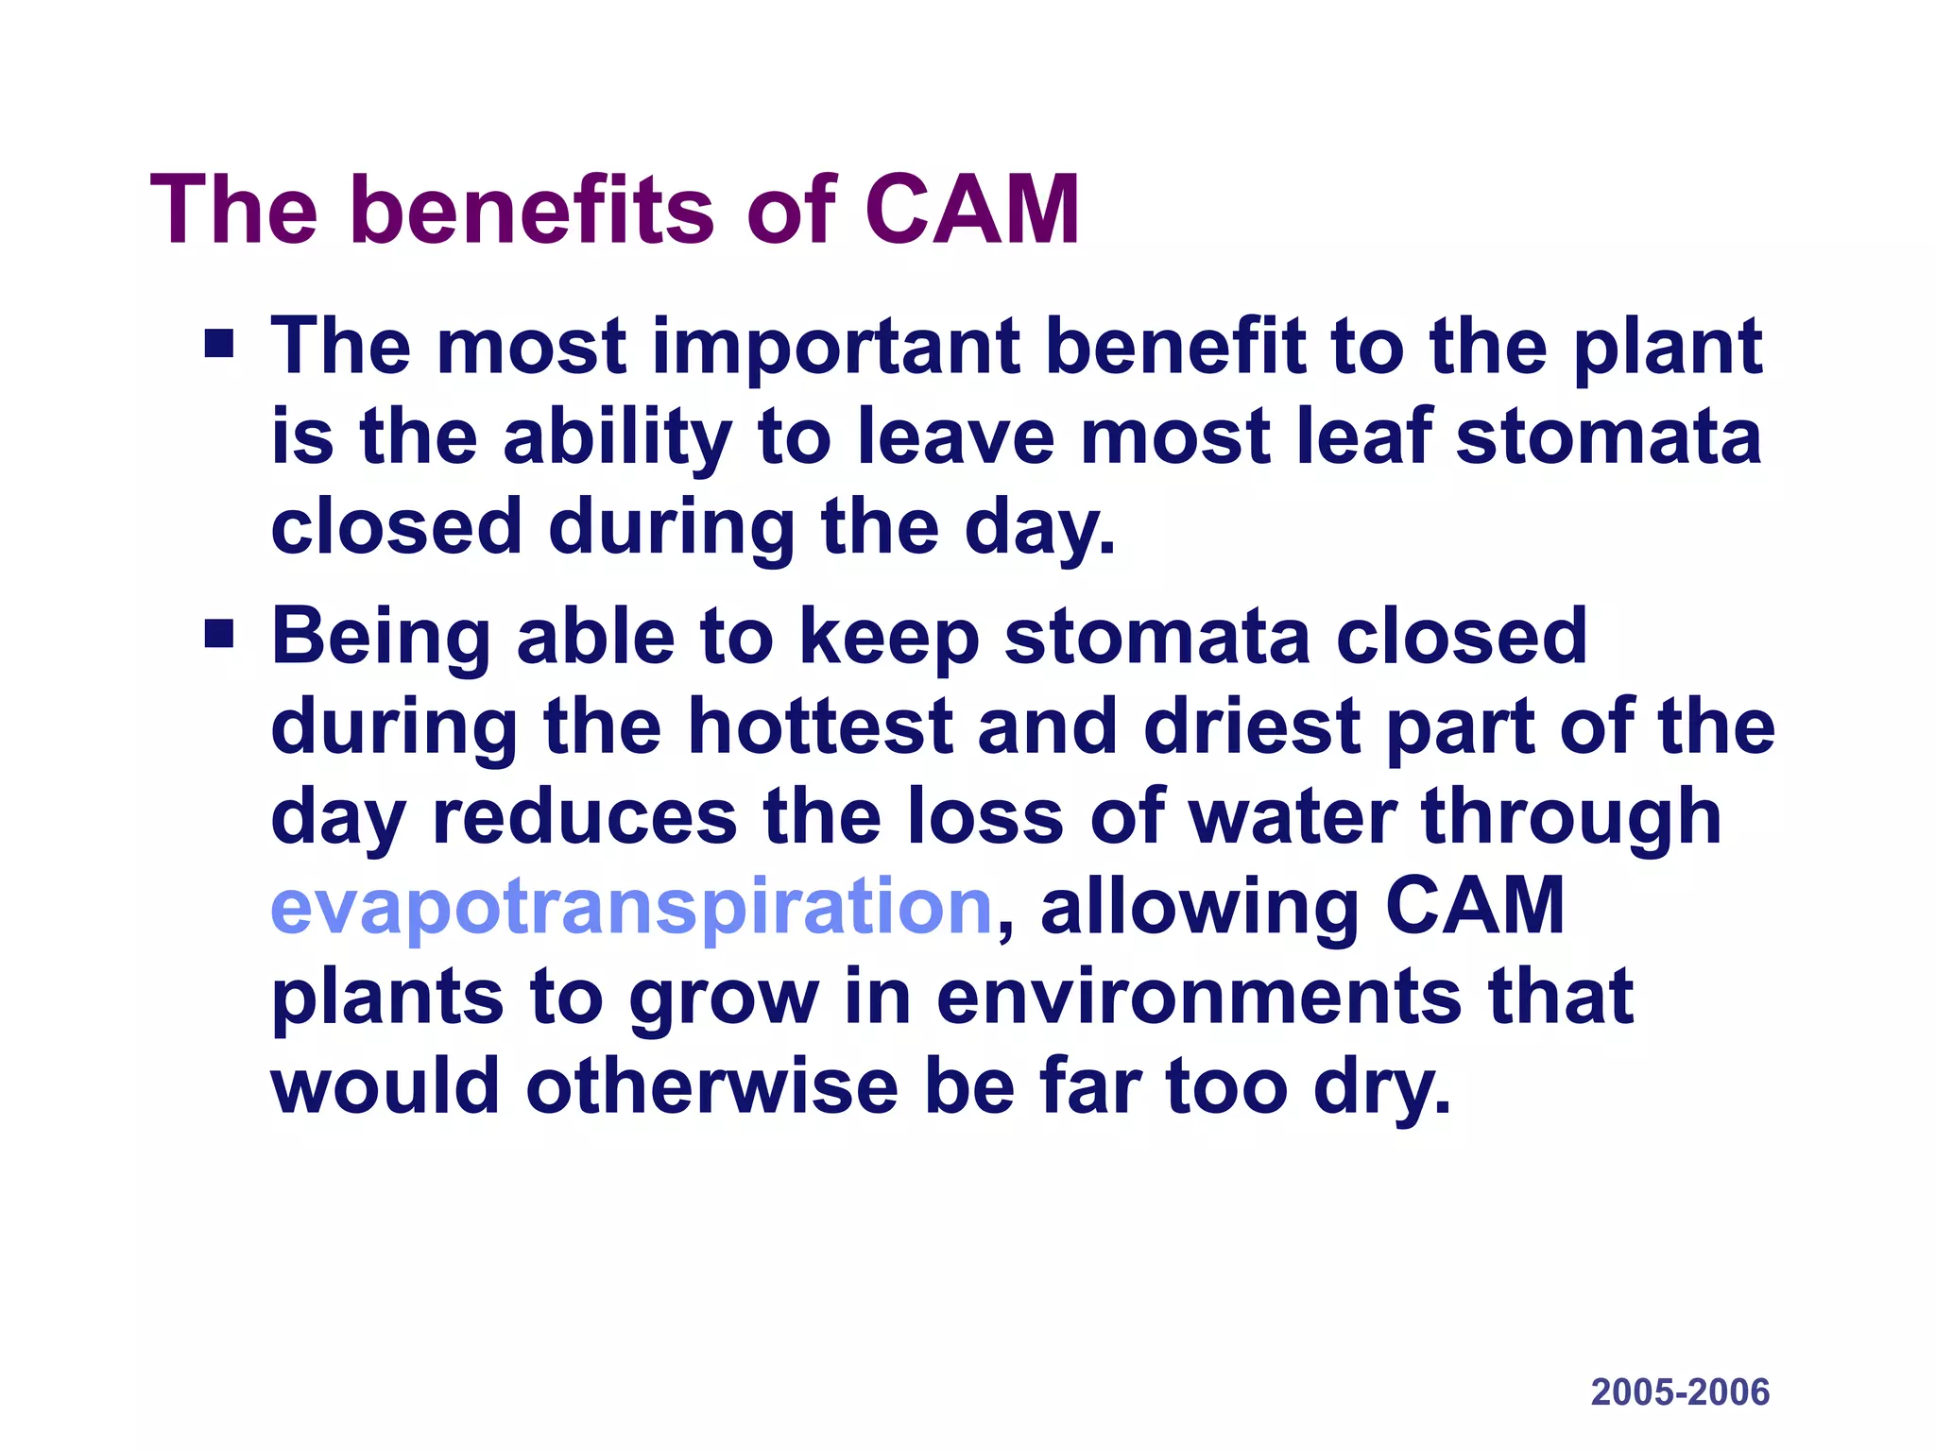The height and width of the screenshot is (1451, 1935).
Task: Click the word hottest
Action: click(x=820, y=726)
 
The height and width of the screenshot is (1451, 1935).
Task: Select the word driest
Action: click(x=1251, y=726)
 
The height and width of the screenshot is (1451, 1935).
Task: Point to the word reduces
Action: click(x=584, y=817)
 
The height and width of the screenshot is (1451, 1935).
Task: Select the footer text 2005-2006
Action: click(x=1680, y=1392)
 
